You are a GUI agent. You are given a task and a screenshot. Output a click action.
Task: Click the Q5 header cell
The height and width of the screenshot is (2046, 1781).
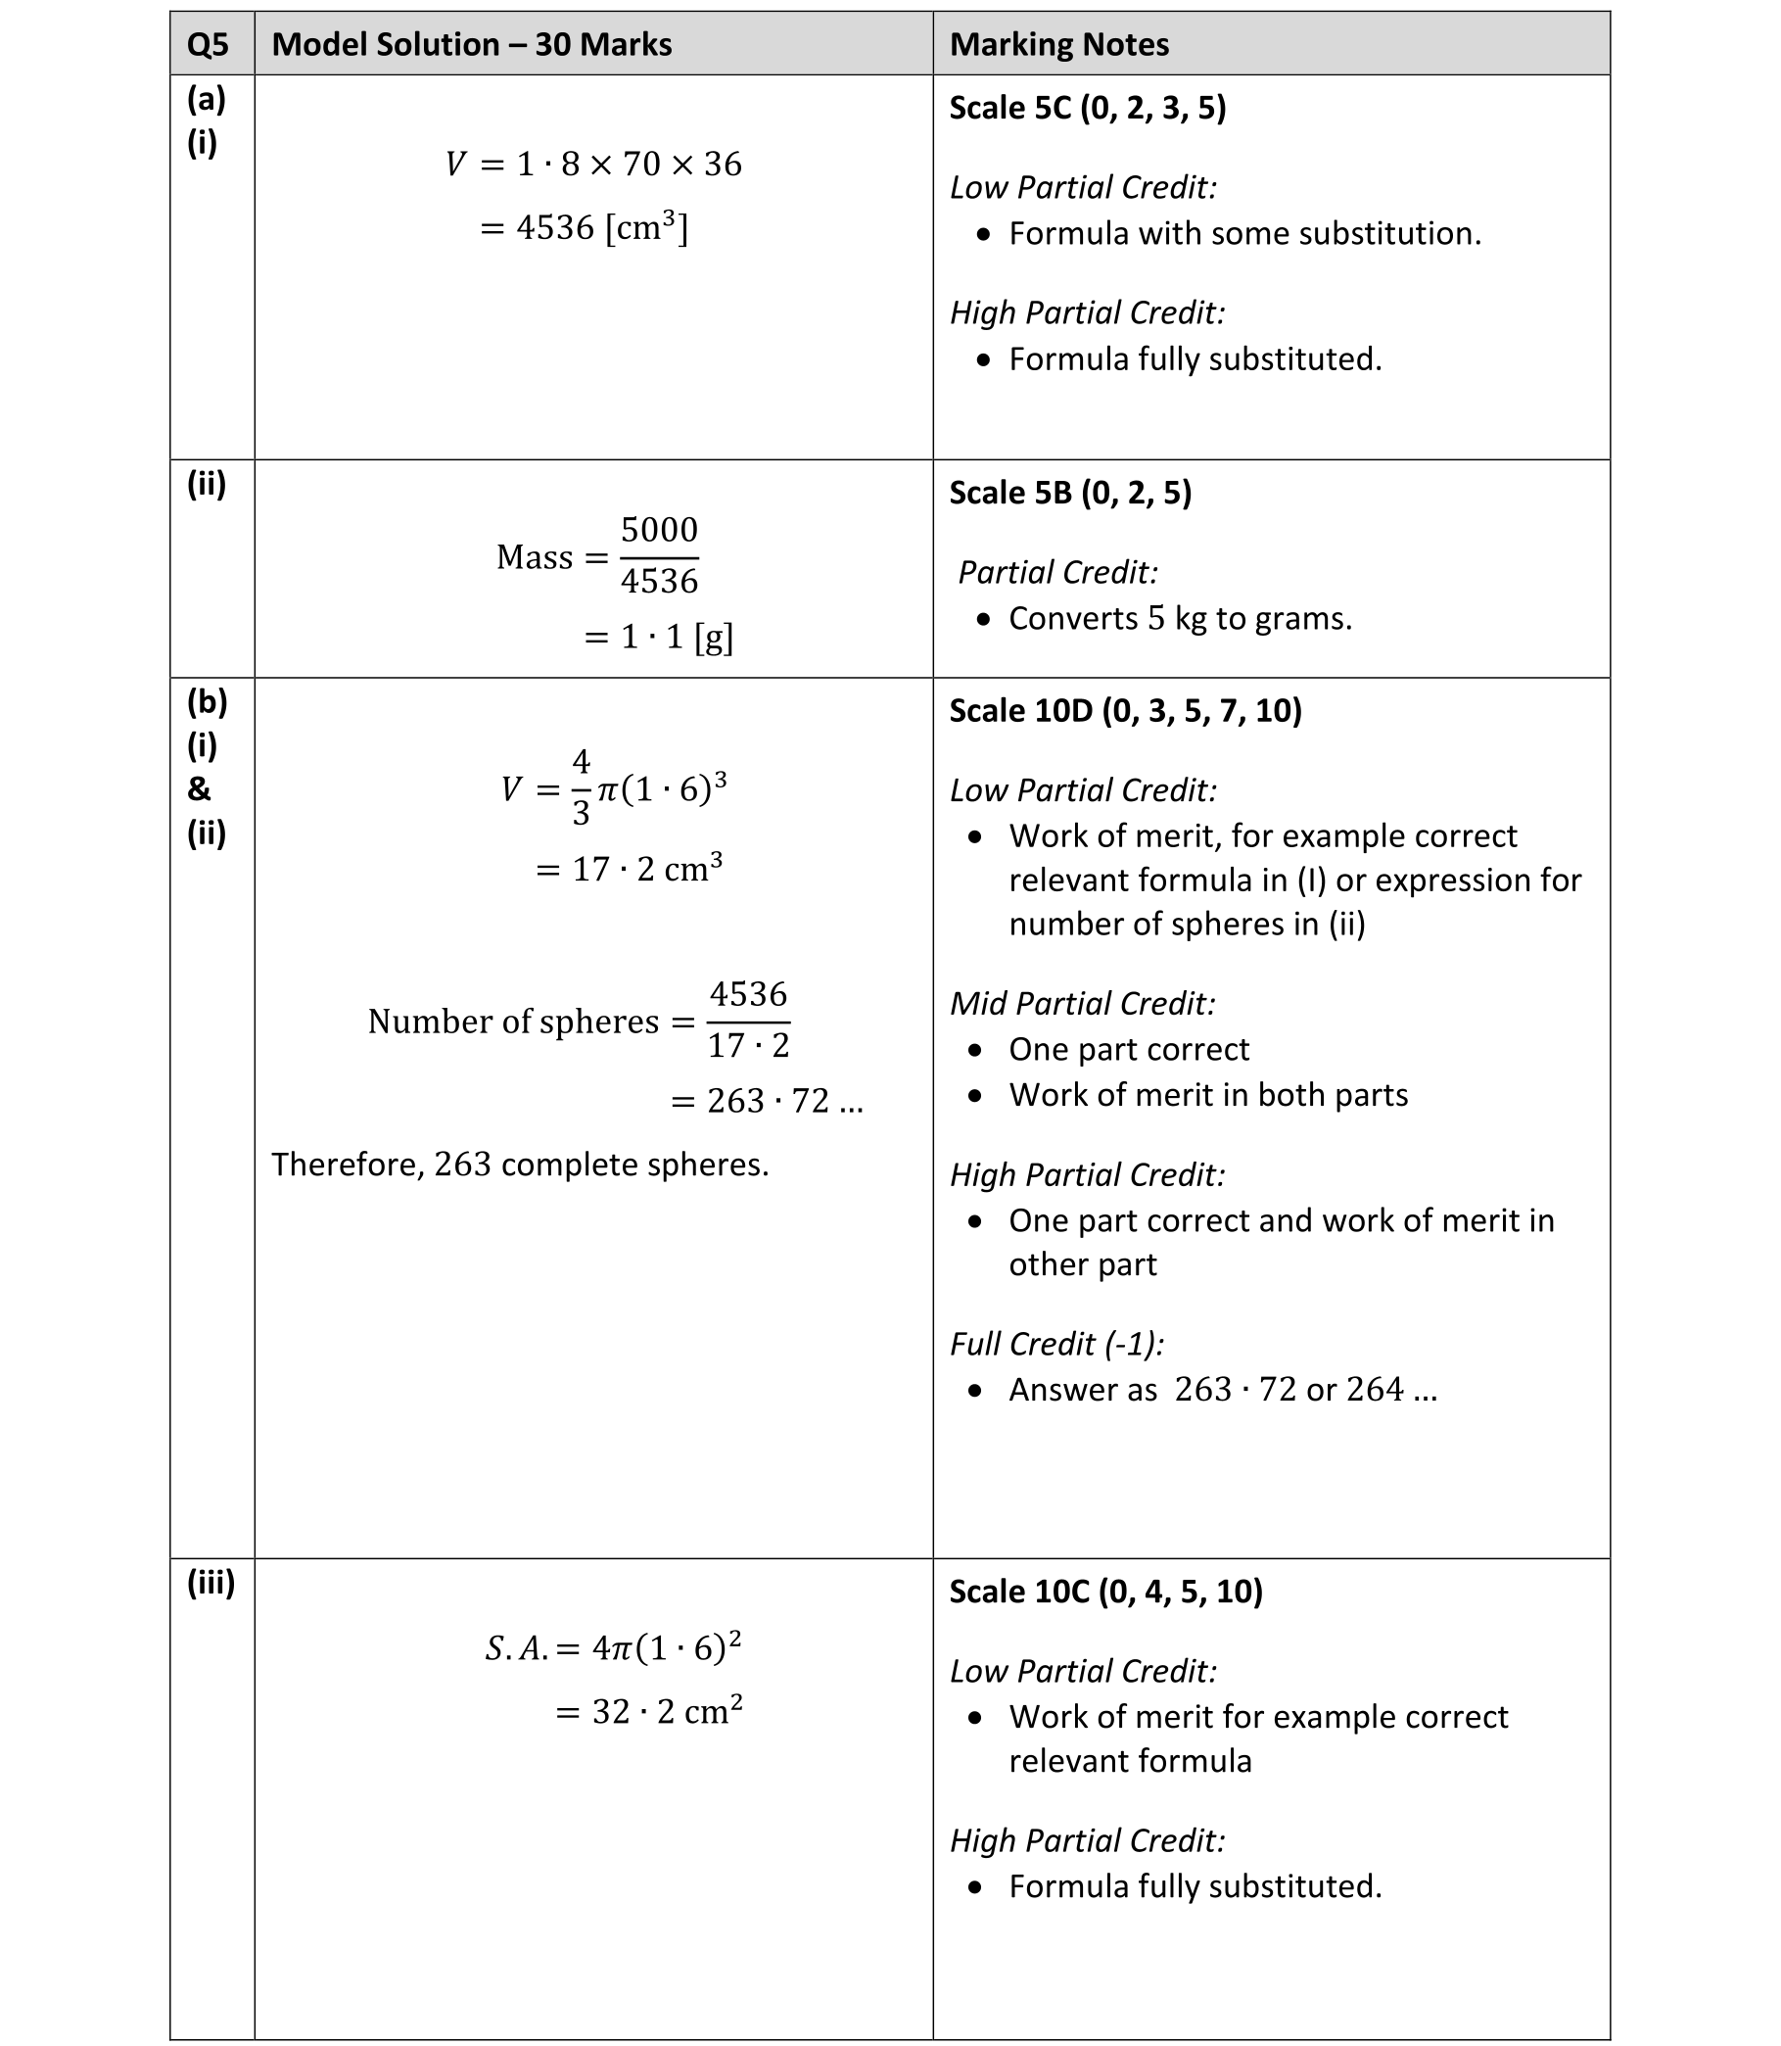[208, 45]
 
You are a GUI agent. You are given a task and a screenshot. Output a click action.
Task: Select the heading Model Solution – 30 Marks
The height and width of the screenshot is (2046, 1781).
[471, 45]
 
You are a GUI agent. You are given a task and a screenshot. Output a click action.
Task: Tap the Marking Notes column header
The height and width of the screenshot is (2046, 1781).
[1058, 45]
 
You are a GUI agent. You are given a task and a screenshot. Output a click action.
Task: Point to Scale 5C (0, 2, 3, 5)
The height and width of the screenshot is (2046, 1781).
[1087, 108]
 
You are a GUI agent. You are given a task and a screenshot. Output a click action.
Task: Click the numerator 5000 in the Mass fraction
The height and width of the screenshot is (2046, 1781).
[659, 530]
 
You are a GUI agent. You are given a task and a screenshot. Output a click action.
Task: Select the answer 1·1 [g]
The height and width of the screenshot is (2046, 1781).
[659, 637]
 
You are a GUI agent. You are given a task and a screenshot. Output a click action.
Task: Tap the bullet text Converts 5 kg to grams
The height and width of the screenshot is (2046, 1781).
[1180, 618]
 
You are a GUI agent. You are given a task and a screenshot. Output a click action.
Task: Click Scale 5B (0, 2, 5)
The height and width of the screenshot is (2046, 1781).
[1070, 492]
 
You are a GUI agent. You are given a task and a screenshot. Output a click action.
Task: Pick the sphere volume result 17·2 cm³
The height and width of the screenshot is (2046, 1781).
[630, 869]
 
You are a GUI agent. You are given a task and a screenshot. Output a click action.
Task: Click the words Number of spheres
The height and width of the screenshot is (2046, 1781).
[513, 1021]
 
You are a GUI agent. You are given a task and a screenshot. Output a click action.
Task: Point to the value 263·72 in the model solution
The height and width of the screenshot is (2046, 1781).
[768, 1101]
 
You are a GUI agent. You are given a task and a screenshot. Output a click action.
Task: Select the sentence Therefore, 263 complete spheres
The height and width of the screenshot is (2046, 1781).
[520, 1165]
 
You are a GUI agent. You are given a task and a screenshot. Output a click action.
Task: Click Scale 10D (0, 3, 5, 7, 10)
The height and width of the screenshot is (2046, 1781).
[1125, 710]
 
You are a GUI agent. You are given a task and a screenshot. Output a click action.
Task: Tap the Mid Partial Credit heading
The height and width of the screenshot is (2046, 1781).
[1082, 1003]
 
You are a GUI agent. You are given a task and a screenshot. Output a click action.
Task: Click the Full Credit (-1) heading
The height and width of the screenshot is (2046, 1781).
[1056, 1343]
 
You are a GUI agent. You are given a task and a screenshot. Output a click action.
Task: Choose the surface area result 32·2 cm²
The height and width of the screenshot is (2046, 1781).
[649, 1711]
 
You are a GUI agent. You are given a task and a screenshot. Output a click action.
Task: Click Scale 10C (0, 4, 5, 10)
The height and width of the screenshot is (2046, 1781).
[1105, 1591]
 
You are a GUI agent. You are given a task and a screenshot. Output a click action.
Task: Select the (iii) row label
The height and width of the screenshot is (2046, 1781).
[211, 1583]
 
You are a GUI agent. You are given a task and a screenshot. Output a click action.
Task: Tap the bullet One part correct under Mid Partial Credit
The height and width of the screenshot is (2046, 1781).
[1128, 1049]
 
